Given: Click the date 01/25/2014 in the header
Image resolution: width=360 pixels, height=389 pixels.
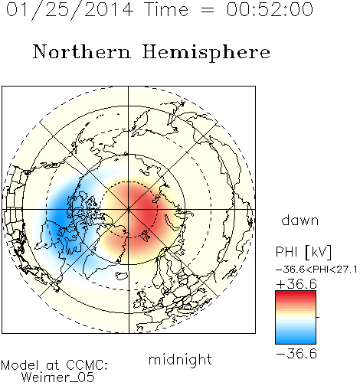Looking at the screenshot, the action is [x=70, y=10].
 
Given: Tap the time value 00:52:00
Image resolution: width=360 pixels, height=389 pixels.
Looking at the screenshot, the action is [x=270, y=9].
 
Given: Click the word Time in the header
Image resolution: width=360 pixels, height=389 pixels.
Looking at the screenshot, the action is [x=166, y=9].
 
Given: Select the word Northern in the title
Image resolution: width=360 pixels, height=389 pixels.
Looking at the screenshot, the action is [x=82, y=51].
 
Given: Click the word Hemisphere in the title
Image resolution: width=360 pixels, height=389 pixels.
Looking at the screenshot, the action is [x=206, y=53].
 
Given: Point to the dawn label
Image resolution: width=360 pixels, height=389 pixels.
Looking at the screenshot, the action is [x=300, y=220].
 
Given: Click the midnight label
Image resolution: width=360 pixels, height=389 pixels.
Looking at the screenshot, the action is [x=180, y=360].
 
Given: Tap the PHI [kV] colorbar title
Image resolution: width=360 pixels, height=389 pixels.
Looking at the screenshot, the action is [x=303, y=252].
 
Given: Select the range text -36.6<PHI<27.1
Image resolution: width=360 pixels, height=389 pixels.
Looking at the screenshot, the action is [x=316, y=270].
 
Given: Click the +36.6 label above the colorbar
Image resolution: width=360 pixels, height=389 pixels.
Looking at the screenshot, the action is [x=296, y=284].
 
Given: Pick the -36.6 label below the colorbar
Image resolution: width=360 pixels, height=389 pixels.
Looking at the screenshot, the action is [x=296, y=354].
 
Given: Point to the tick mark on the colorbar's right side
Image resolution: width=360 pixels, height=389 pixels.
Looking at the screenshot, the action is [x=318, y=317].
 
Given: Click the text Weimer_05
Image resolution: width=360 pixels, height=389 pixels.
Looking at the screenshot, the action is [x=58, y=378].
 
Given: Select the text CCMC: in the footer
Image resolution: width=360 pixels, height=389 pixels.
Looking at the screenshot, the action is [x=87, y=365].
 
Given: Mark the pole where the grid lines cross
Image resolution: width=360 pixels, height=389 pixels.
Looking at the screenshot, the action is [x=129, y=210].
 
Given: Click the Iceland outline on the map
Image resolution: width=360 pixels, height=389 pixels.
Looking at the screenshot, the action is [x=122, y=276].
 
